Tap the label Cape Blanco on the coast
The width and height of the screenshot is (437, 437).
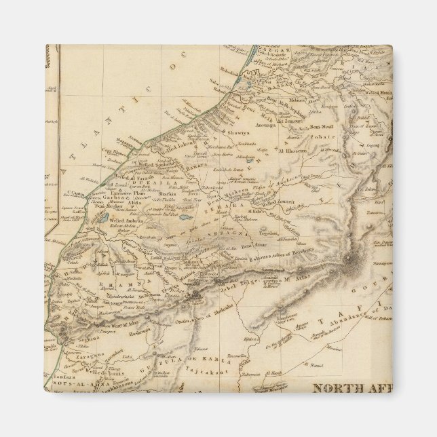pyautogui.click(x=115, y=152)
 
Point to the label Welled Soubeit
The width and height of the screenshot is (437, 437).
pyautogui.click(x=145, y=167)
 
